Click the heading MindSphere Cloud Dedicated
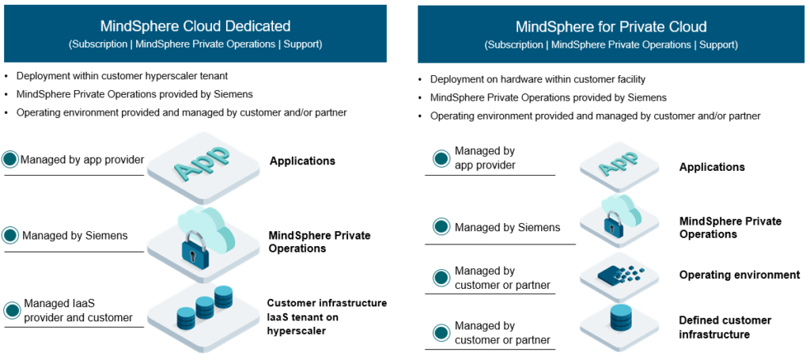(x=195, y=26)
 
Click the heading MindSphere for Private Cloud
(x=611, y=27)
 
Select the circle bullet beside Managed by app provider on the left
(x=10, y=160)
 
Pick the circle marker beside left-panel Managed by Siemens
(x=10, y=235)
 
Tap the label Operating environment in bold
(x=739, y=275)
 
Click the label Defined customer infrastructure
(x=725, y=328)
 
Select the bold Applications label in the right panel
(x=711, y=167)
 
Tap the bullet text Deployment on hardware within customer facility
(x=538, y=79)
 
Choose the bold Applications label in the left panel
(x=302, y=161)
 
